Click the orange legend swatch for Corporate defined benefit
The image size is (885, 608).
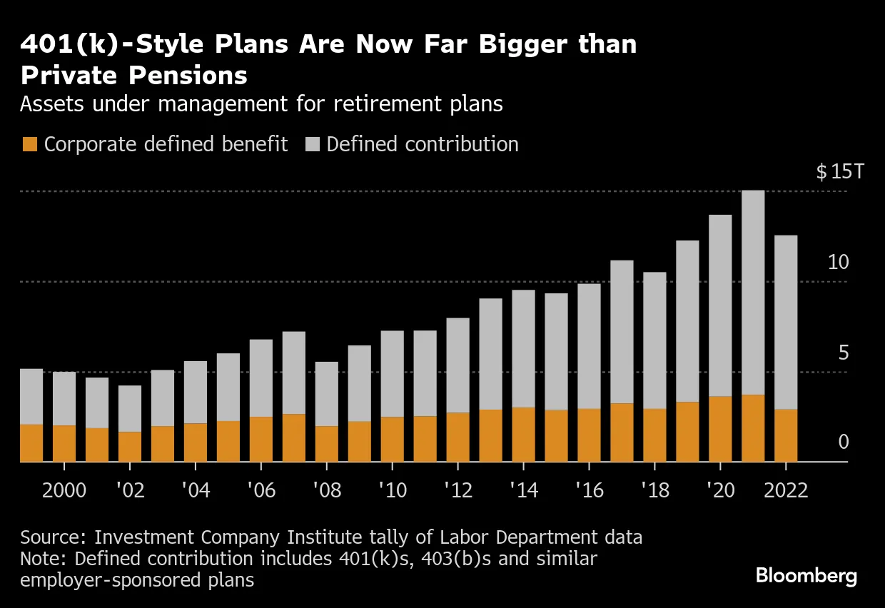pyautogui.click(x=29, y=144)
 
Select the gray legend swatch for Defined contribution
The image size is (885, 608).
pyautogui.click(x=311, y=144)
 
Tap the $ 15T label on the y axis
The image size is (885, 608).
pyautogui.click(x=839, y=172)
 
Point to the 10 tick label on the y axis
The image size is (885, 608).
pyautogui.click(x=839, y=263)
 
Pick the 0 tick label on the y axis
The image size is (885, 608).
pyautogui.click(x=844, y=442)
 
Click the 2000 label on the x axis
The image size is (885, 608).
pyautogui.click(x=64, y=492)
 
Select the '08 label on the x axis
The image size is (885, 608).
pyautogui.click(x=326, y=492)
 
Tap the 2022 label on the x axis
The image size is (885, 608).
pyautogui.click(x=786, y=492)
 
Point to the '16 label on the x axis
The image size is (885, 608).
pyautogui.click(x=589, y=492)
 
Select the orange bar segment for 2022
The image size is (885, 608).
pyautogui.click(x=786, y=435)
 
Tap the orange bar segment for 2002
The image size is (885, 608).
pyautogui.click(x=130, y=447)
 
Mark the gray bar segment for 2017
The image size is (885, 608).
pyautogui.click(x=622, y=332)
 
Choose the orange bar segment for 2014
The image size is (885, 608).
pyautogui.click(x=523, y=435)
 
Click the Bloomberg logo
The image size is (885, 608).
pyautogui.click(x=806, y=576)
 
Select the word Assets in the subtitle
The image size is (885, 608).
pyautogui.click(x=49, y=104)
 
